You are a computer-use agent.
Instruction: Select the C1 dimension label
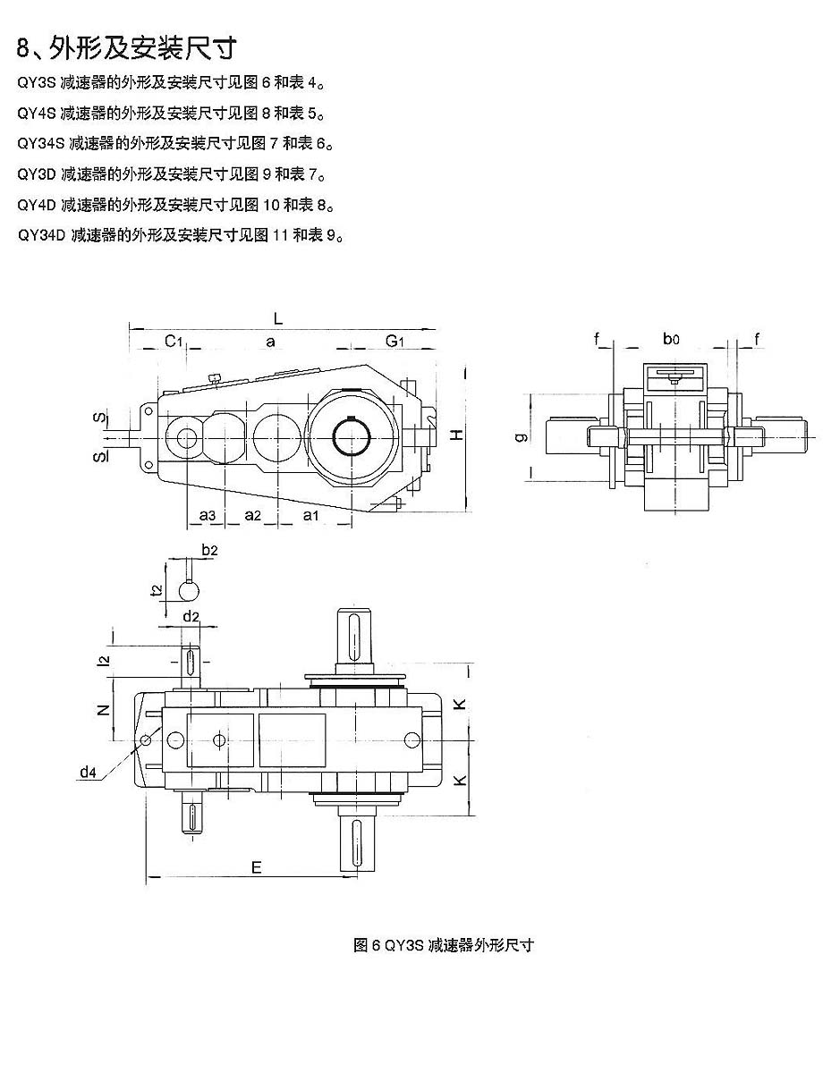[174, 341]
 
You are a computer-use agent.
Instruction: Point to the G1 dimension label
[395, 341]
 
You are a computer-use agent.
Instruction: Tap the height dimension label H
[456, 435]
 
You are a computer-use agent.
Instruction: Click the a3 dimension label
[208, 515]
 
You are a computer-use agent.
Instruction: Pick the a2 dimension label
[252, 515]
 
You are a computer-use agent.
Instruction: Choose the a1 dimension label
[311, 515]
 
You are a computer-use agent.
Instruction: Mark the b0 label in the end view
[671, 339]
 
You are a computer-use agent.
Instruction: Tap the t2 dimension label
[156, 589]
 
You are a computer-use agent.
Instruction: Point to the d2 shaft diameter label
[191, 616]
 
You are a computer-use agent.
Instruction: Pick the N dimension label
[103, 710]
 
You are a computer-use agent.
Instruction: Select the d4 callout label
[88, 772]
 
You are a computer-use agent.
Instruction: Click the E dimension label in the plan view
[256, 866]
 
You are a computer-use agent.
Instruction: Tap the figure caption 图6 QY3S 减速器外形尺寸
[444, 945]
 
